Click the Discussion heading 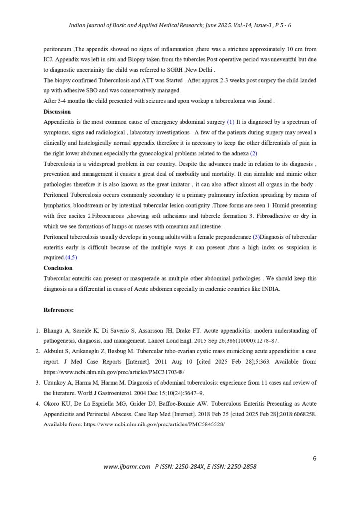tap(57, 112)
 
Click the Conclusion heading tap(58, 268)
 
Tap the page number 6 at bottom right tap(315, 458)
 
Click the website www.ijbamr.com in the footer tap(127, 467)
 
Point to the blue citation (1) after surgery tap(230, 122)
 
